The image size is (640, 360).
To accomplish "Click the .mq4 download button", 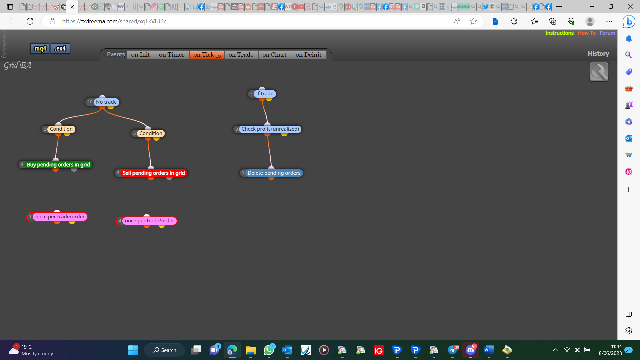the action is [40, 48].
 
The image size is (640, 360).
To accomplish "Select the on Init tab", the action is [141, 55].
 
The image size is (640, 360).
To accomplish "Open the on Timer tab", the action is [172, 55].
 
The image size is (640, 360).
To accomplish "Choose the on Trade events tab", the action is [241, 55].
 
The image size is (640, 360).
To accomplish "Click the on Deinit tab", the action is [309, 55].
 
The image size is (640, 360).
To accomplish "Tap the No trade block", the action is [102, 102].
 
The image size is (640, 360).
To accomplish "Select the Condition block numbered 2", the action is [58, 129].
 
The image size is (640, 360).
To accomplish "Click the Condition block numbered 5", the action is [148, 133].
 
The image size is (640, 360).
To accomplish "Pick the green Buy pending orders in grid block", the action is [55, 165].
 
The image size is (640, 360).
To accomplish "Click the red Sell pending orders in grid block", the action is [151, 173].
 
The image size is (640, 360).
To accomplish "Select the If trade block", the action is [262, 94].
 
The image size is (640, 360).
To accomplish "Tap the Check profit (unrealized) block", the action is [267, 129].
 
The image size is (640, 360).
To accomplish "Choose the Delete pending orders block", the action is [271, 173].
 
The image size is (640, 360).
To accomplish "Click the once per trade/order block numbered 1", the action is [57, 217].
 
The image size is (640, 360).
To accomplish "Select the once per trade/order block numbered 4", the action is [147, 221].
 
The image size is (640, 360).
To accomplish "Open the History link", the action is [598, 54].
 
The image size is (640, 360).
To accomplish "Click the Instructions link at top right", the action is [559, 33].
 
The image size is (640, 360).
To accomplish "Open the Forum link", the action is [607, 33].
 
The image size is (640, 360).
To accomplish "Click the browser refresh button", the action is [30, 21].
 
